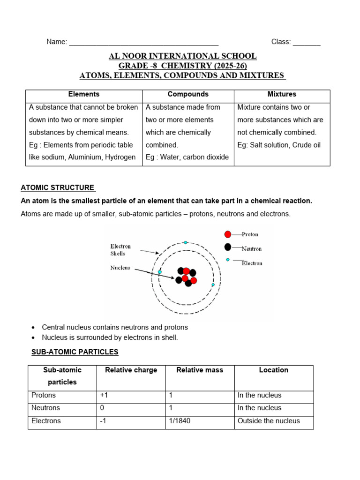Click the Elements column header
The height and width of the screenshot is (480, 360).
[84, 94]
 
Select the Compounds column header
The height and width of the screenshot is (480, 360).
[188, 94]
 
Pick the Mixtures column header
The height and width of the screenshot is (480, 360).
[282, 94]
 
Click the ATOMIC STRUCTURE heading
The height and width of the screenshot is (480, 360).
[58, 187]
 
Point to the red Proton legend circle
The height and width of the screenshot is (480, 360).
[228, 234]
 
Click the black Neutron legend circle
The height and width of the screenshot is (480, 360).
[228, 247]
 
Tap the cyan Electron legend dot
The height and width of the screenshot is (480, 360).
[228, 260]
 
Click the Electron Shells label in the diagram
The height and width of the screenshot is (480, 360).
[120, 250]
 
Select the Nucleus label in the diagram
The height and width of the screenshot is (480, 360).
[120, 268]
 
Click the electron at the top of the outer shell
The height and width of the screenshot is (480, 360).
[186, 242]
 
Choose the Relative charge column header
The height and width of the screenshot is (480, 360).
[131, 370]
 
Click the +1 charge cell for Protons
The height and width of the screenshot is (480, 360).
[104, 395]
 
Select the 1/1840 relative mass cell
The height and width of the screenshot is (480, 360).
[180, 421]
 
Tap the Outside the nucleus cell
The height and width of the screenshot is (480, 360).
[269, 421]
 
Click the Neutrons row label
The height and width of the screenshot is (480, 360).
[45, 408]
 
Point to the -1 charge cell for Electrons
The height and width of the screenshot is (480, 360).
[103, 421]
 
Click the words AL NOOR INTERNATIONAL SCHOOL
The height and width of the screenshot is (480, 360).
[182, 56]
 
